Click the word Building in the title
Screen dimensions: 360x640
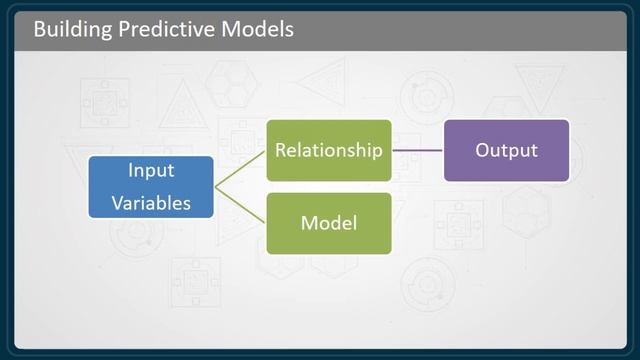tap(70, 29)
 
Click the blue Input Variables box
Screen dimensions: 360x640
tap(150, 187)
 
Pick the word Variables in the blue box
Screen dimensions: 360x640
tap(150, 204)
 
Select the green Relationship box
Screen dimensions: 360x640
tap(329, 151)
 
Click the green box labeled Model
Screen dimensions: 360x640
tap(329, 222)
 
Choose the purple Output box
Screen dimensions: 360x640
tap(506, 151)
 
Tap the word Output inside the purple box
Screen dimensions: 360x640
tap(506, 151)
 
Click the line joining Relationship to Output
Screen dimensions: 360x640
tap(418, 151)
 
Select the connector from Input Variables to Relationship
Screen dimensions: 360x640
tap(240, 169)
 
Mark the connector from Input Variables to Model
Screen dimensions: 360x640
tap(240, 205)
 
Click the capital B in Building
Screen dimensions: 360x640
tap(39, 29)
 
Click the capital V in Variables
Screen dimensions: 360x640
tap(116, 204)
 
